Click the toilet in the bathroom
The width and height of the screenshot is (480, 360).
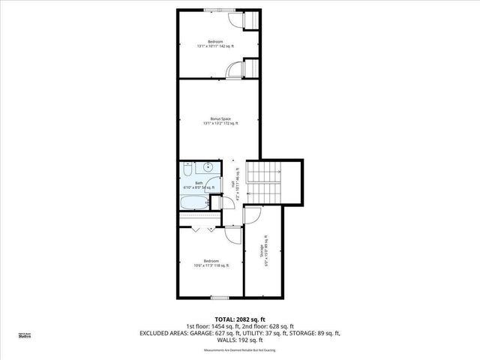pyautogui.click(x=188, y=168)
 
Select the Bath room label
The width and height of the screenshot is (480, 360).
pyautogui.click(x=199, y=183)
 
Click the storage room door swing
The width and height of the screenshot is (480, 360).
pyautogui.click(x=251, y=216)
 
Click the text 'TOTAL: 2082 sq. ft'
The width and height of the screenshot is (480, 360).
pyautogui.click(x=240, y=319)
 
